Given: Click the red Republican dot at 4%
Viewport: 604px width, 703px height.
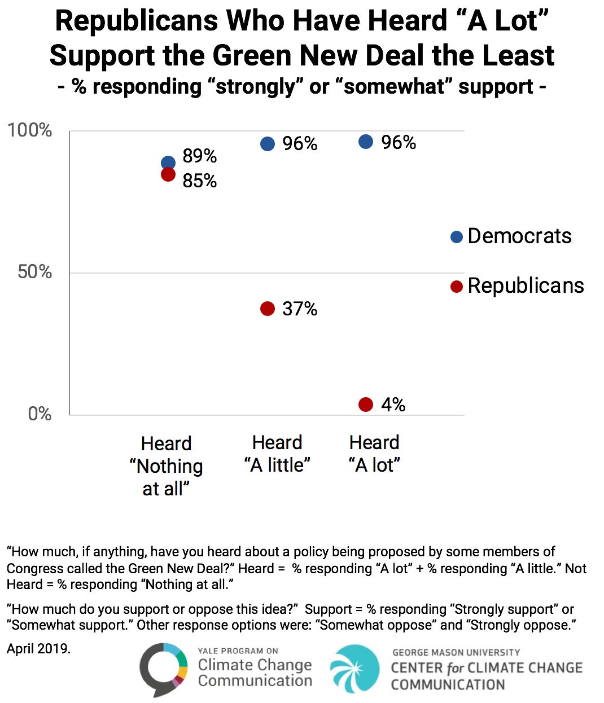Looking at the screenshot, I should point(366,405).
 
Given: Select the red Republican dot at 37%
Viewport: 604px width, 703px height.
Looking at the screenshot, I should point(268,309).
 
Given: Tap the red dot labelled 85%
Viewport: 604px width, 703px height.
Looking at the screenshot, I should point(168,174).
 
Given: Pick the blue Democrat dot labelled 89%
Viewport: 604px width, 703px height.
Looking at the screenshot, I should point(168,162).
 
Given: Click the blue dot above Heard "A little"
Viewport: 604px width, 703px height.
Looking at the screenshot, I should point(268,144).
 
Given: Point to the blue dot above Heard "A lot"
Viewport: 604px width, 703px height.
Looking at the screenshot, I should point(366,142).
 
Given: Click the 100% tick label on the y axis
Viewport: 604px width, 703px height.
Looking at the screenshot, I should point(29,130).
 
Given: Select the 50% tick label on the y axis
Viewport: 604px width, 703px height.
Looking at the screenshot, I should point(34,272).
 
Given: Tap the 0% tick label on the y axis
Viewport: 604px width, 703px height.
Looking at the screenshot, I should point(40,414).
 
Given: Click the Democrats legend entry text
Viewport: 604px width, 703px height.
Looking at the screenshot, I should point(519,236).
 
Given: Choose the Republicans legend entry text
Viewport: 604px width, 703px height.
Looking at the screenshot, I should point(526,285).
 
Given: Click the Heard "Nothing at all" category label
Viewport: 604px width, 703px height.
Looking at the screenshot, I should point(166,466).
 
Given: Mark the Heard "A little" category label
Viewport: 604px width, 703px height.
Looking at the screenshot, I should point(277,454).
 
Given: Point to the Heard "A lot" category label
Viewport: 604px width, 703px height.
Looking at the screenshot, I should point(374,454).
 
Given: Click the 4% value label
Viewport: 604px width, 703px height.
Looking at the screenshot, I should point(393,405).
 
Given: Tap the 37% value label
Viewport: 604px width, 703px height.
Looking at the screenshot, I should point(300,309).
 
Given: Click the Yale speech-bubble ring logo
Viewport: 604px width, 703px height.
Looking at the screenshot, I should point(163,669).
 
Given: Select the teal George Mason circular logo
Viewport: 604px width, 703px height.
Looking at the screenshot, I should point(355,669).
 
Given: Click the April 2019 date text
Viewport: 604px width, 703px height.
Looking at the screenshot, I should point(38,649).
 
